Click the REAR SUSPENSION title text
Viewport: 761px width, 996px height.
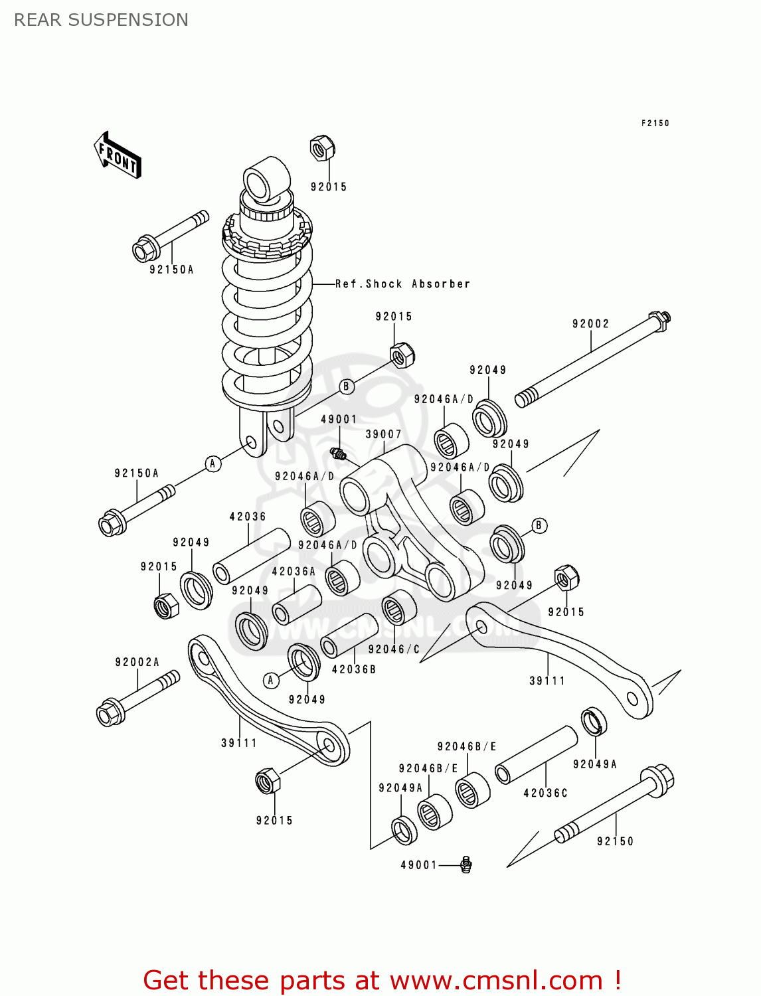coord(101,20)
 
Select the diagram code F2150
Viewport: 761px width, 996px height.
coord(655,123)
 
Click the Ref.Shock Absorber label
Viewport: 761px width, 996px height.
coord(402,284)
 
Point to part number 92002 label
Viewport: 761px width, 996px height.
coord(590,323)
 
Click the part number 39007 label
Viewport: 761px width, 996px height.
coord(383,434)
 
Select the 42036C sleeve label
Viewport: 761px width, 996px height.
coord(545,793)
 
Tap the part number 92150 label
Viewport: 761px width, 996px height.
coord(615,841)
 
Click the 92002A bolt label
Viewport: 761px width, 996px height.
coord(137,662)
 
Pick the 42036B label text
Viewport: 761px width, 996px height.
coord(354,669)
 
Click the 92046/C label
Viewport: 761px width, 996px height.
coord(394,649)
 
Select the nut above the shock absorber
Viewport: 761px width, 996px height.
coord(322,148)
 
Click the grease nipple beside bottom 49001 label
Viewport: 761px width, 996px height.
coord(466,865)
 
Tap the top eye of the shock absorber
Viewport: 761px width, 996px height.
coord(266,179)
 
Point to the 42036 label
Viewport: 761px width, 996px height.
coord(248,516)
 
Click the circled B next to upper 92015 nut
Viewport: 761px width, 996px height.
coord(347,386)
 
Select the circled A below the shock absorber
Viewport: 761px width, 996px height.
coord(212,463)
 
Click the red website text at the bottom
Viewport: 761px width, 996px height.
coord(382,980)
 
